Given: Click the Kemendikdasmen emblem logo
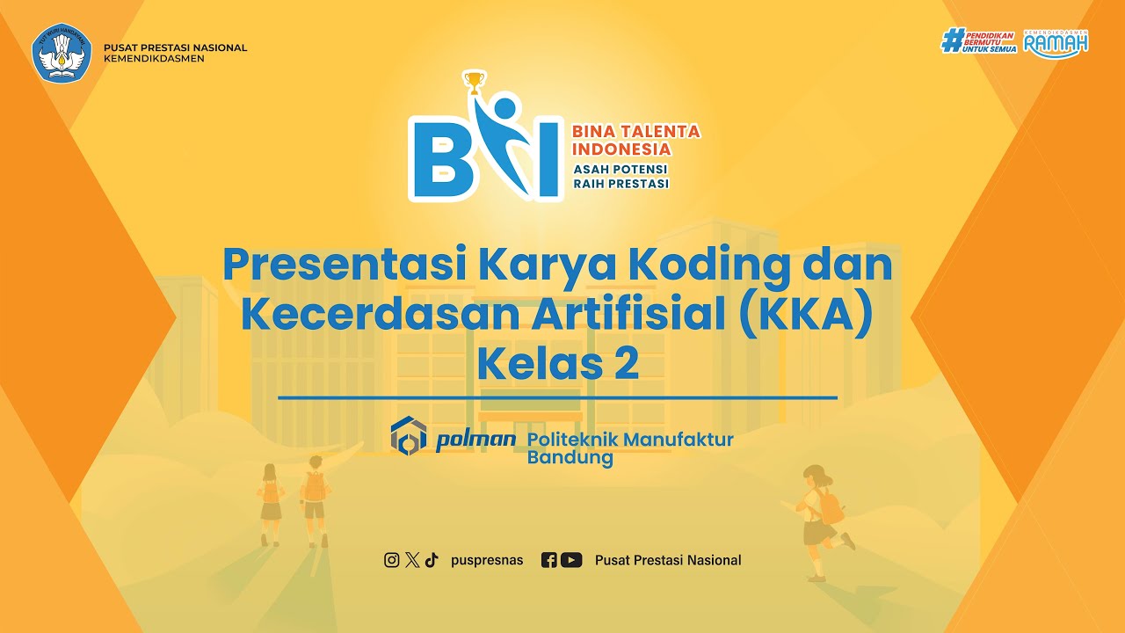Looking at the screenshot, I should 62,53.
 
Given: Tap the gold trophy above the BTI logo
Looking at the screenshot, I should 474,83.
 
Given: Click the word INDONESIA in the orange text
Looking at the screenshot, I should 621,149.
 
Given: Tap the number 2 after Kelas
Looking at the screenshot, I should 626,364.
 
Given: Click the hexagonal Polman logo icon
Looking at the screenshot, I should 409,436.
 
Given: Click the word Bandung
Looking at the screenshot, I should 570,458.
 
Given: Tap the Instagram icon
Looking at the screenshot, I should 392,560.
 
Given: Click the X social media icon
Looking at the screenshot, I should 412,560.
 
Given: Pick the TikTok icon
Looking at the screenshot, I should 431,560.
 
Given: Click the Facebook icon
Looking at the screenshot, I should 548,560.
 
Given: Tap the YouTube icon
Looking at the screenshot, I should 571,560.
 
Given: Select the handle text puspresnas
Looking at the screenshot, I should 487,560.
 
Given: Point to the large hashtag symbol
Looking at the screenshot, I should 952,40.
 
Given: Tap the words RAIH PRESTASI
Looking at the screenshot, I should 621,184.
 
